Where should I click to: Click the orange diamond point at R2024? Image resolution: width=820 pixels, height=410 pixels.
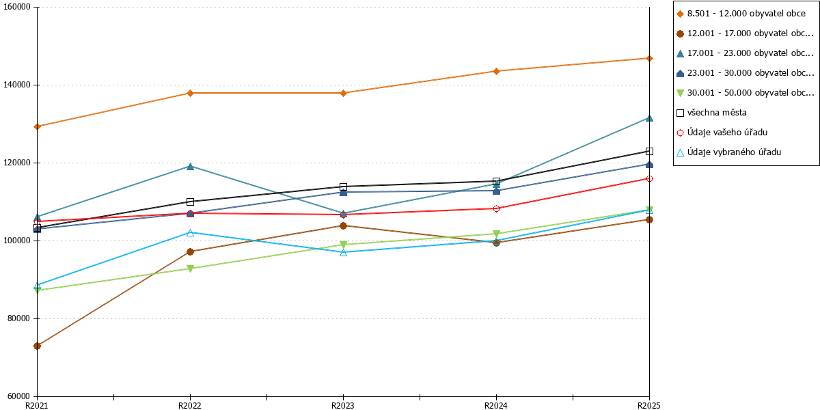pyautogui.click(x=496, y=71)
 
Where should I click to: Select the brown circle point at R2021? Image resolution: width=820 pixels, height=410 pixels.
pyautogui.click(x=37, y=346)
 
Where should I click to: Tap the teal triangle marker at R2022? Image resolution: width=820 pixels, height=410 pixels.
pyautogui.click(x=190, y=167)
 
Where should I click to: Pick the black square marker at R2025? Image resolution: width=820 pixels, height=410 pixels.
pyautogui.click(x=649, y=151)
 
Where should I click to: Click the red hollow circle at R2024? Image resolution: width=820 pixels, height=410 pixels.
pyautogui.click(x=496, y=208)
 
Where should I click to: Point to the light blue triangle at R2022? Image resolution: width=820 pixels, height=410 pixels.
pyautogui.click(x=190, y=232)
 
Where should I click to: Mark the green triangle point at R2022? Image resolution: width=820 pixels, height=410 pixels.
pyautogui.click(x=190, y=269)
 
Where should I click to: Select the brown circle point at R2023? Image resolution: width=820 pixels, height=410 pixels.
pyautogui.click(x=343, y=226)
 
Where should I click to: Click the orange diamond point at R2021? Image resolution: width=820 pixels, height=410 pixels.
pyautogui.click(x=37, y=126)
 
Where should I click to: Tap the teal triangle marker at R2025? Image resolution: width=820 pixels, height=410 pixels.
pyautogui.click(x=649, y=118)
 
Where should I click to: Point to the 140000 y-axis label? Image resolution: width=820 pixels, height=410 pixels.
pyautogui.click(x=17, y=85)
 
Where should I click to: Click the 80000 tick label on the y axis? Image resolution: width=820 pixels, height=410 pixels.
pyautogui.click(x=18, y=318)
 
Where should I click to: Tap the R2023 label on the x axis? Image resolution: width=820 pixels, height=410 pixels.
pyautogui.click(x=343, y=405)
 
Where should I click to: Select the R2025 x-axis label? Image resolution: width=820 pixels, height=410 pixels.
pyautogui.click(x=649, y=405)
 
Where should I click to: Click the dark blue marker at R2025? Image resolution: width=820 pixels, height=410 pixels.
pyautogui.click(x=649, y=165)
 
